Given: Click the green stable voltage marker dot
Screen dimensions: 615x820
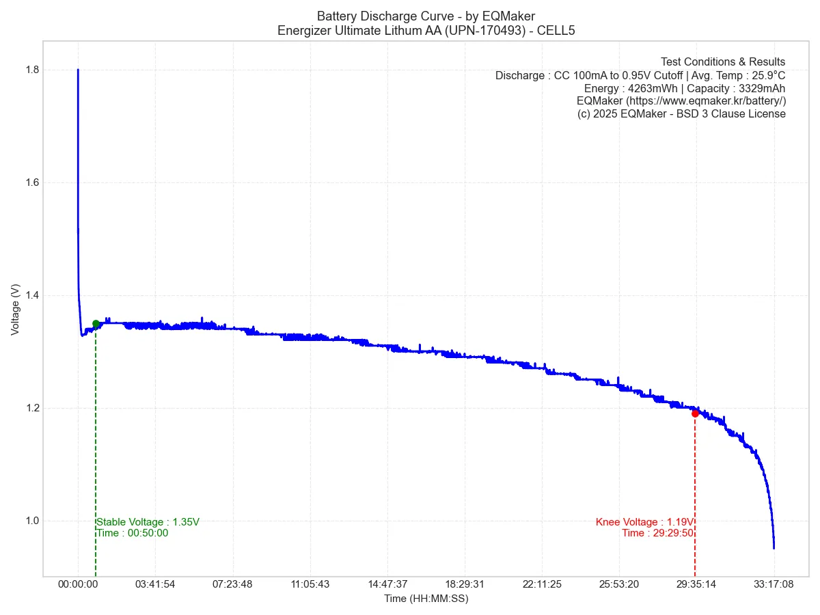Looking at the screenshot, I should pos(96,324).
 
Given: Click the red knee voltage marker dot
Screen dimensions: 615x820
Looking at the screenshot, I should pos(695,413).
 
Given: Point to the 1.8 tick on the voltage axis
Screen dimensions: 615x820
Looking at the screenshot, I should pos(31,70).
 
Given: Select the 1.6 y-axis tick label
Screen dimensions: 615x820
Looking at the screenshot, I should pos(31,182).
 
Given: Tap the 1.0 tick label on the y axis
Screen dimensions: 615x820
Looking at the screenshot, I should pos(31,521).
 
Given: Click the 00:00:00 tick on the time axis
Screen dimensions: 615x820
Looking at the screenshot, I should pos(78,585).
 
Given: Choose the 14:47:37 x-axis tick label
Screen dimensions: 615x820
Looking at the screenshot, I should pos(387,585).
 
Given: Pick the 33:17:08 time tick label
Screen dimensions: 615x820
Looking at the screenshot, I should pos(774,585).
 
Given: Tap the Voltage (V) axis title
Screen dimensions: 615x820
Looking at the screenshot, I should pos(15,310).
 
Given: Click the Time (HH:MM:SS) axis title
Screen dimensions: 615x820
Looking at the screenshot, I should pos(426,599).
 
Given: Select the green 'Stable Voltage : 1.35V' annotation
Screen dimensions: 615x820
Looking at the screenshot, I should pos(148,522).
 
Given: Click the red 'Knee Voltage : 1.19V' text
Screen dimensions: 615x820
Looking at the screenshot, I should pos(644,522).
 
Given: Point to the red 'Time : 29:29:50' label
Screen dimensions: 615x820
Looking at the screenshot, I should pos(657,533).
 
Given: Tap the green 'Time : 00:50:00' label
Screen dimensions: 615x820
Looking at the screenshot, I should pos(133,533).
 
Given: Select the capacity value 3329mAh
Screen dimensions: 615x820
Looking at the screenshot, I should pos(762,88).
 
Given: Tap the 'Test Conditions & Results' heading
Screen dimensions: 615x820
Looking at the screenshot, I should pos(723,62).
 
